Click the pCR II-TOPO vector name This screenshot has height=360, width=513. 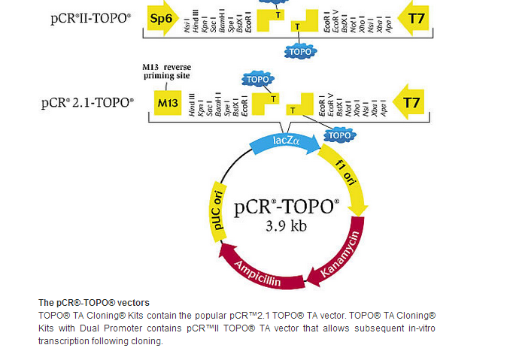(90, 14)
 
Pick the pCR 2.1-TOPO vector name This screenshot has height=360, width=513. (88, 102)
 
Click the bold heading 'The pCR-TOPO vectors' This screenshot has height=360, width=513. (94, 302)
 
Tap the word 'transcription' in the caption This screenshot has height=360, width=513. (64, 340)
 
